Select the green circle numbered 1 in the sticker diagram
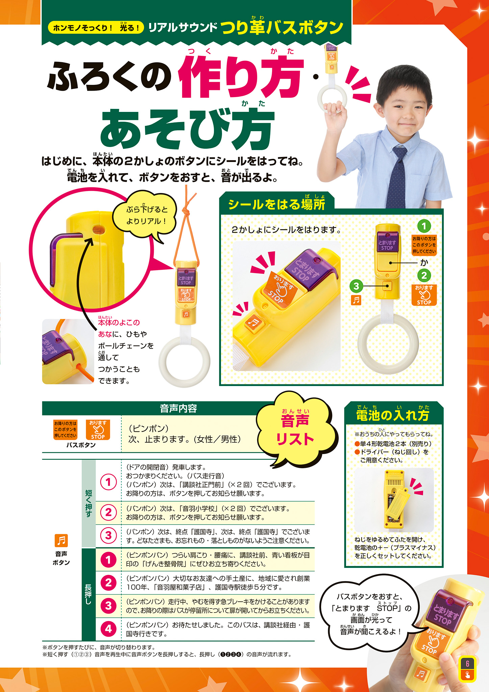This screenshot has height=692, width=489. click(424, 226)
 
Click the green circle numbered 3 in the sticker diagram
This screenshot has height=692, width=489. click(356, 286)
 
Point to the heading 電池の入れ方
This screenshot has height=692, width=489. click(393, 414)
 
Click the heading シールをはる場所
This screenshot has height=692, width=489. click(276, 205)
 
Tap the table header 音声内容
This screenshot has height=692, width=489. click(178, 409)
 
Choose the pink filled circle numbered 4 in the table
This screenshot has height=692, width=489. click(108, 629)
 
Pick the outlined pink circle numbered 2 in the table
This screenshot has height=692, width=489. click(108, 512)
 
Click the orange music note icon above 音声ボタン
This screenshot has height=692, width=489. click(61, 541)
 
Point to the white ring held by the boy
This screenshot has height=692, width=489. click(334, 100)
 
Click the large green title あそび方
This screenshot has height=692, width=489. click(187, 129)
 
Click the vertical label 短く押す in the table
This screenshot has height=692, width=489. click(89, 503)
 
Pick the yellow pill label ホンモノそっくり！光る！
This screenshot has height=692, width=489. click(96, 28)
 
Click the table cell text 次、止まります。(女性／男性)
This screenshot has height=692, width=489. click(185, 439)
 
